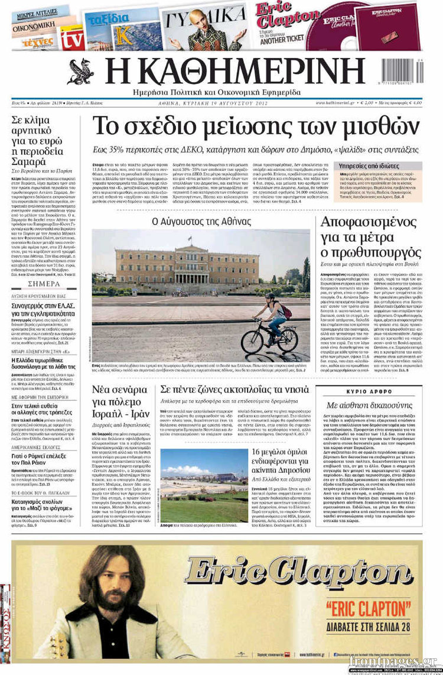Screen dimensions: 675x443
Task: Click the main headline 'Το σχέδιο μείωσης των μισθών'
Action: [256, 126]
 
